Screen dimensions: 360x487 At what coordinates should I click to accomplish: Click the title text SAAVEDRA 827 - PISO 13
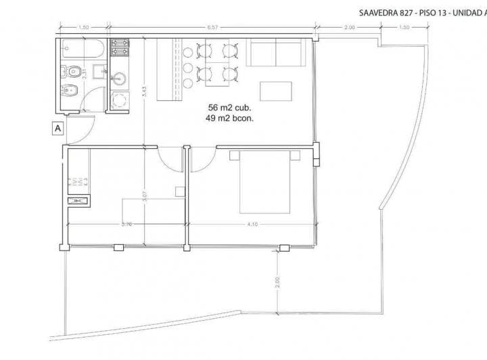[x=399, y=12]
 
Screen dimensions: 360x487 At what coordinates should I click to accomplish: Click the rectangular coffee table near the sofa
[x=276, y=91]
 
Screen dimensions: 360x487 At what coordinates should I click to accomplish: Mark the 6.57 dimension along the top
[x=212, y=28]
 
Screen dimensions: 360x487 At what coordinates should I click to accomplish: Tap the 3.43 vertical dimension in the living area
[x=144, y=95]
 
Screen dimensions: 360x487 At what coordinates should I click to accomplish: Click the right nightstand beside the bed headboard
[x=295, y=156]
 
